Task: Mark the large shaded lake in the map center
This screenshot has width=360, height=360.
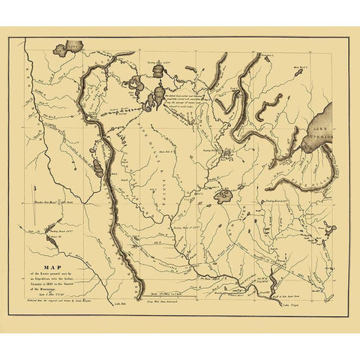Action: (224, 196)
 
